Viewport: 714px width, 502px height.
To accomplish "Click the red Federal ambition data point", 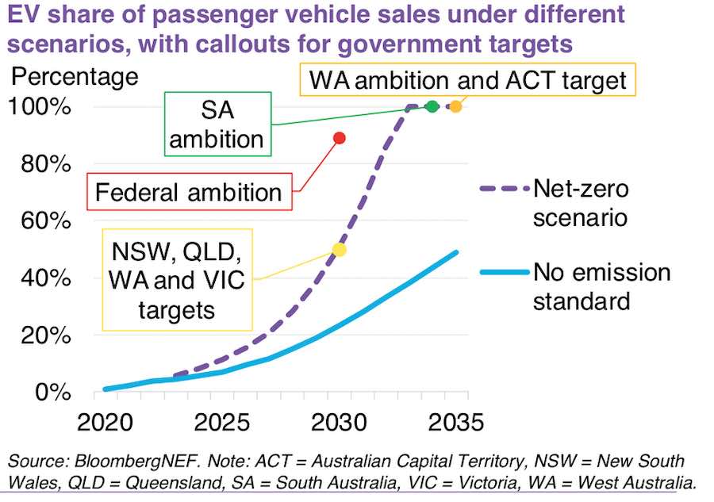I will click(x=340, y=138).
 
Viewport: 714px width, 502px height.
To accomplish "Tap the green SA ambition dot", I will click(x=432, y=106).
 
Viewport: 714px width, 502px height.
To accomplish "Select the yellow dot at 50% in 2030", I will click(x=340, y=249).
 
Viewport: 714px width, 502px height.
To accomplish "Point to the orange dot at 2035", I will click(x=455, y=106).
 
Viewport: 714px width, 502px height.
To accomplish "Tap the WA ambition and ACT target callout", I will click(x=468, y=79).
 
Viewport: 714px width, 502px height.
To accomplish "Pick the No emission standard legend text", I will click(x=601, y=287).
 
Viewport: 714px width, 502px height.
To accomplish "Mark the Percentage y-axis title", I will click(x=73, y=77).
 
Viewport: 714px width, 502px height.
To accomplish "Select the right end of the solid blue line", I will click(x=457, y=252).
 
